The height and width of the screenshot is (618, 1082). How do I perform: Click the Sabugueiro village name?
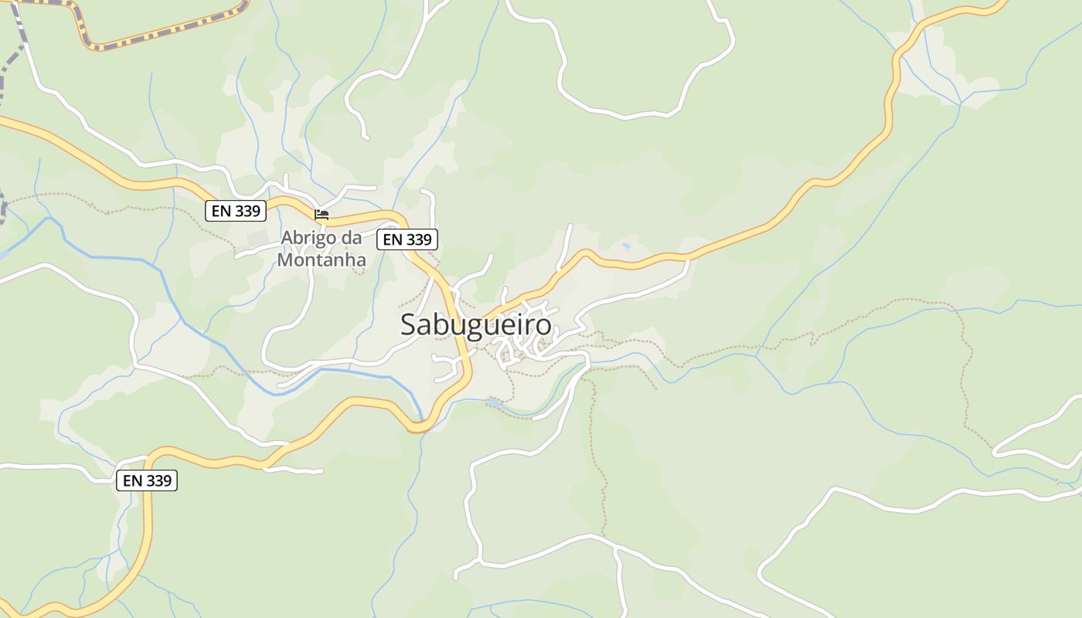coord(476,325)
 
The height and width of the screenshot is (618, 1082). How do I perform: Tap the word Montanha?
coord(322,260)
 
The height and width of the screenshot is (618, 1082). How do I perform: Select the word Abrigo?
coord(305,238)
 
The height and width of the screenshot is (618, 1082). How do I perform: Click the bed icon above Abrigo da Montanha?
coord(322,214)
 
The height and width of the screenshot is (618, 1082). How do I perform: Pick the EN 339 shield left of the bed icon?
coord(236,210)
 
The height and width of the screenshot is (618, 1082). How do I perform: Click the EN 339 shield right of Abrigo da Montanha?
coord(407,239)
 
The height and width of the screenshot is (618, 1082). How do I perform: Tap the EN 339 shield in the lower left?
coord(147,480)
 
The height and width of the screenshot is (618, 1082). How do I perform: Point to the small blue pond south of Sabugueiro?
coord(494,402)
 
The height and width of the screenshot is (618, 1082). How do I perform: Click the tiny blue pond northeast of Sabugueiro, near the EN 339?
coord(624,246)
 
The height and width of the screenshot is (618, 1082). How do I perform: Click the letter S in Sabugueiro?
coord(409,325)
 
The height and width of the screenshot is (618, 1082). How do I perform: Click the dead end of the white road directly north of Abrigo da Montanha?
coord(365,138)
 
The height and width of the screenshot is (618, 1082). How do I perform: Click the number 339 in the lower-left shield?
coord(158,480)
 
